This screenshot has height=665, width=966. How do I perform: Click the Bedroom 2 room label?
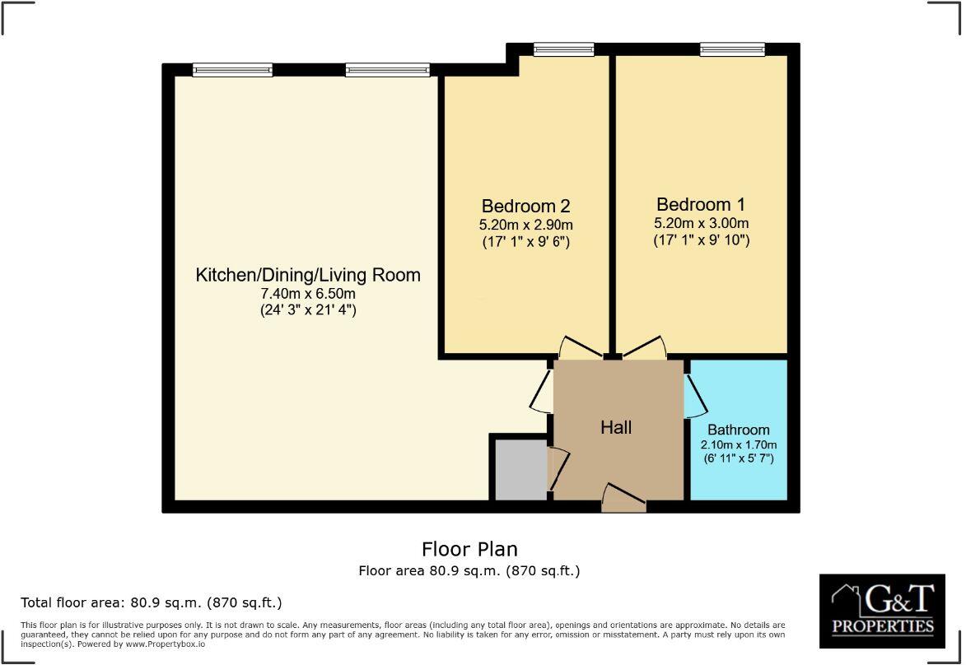click(x=525, y=206)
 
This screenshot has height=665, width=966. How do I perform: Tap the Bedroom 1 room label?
click(x=702, y=204)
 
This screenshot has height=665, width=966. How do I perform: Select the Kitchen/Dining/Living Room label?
click(x=307, y=275)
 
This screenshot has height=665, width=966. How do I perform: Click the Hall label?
click(x=616, y=427)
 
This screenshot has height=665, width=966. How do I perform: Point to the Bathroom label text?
click(x=738, y=430)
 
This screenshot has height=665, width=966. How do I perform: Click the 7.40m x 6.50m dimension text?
click(x=308, y=294)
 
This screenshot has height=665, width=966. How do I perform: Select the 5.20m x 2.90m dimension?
click(x=525, y=225)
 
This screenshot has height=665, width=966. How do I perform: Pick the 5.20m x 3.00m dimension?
click(x=702, y=223)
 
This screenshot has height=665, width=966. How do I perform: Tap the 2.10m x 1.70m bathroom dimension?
click(x=738, y=445)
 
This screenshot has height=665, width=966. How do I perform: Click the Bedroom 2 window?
click(x=562, y=49)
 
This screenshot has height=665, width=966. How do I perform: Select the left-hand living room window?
click(x=232, y=70)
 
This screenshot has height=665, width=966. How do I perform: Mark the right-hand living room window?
click(x=387, y=70)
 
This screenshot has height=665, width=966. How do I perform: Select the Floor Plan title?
click(x=469, y=549)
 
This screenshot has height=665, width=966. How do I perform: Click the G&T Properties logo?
click(x=882, y=609)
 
